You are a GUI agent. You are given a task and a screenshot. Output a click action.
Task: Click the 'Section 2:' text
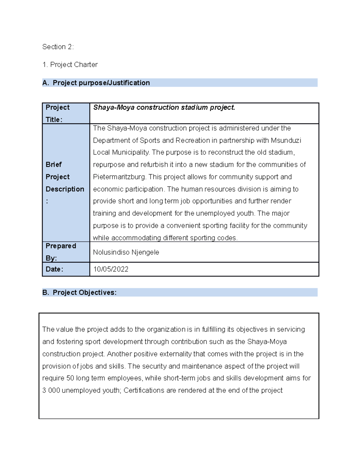pyautogui.click(x=58, y=47)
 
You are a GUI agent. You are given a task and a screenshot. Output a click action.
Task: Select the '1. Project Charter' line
pyautogui.click(x=70, y=65)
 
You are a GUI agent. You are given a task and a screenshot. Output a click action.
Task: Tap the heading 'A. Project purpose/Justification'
pyautogui.click(x=96, y=83)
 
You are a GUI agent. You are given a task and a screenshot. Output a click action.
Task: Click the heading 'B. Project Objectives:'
pyautogui.click(x=79, y=293)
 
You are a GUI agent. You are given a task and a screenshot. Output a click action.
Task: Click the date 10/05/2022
pyautogui.click(x=111, y=269)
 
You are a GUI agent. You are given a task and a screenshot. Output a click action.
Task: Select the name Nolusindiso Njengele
pyautogui.click(x=126, y=252)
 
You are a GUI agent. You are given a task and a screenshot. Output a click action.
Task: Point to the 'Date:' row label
pyautogui.click(x=54, y=269)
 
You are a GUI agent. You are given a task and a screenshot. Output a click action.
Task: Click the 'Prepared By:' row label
pyautogui.click(x=61, y=252)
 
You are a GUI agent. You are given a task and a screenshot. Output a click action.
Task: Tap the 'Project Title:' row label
pyautogui.click(x=57, y=113)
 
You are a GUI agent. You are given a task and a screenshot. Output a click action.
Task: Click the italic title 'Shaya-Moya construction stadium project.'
pyautogui.click(x=164, y=107)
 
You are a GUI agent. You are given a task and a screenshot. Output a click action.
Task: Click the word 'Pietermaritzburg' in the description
pyautogui.click(x=119, y=177)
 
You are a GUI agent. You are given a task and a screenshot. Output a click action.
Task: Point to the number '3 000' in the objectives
pyautogui.click(x=51, y=390)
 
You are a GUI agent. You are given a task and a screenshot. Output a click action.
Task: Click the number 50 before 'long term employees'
pyautogui.click(x=70, y=378)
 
